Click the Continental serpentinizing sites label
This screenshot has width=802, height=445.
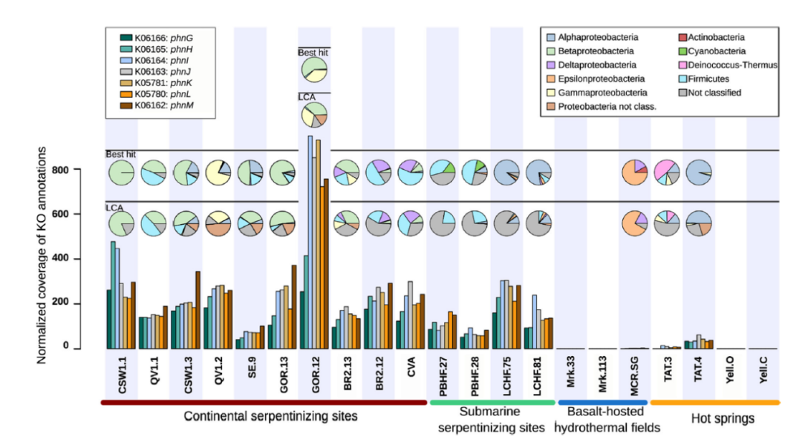(x=270, y=416)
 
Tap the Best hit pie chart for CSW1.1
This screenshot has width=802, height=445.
(x=122, y=173)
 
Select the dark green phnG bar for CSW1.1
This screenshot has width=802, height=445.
(x=108, y=319)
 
